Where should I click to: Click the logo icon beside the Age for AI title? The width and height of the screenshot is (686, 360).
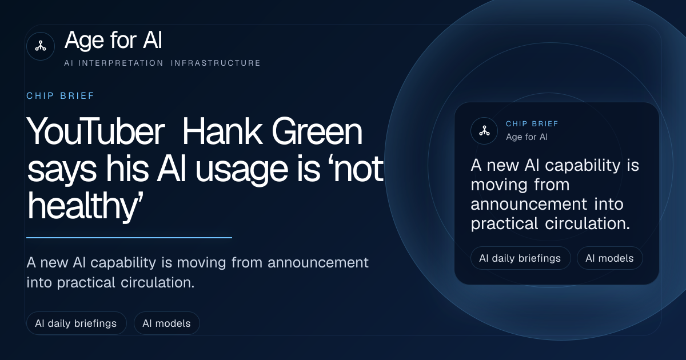pyautogui.click(x=41, y=46)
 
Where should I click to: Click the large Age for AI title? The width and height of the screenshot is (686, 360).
pyautogui.click(x=113, y=40)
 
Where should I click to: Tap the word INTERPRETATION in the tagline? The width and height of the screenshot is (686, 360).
pyautogui.click(x=121, y=63)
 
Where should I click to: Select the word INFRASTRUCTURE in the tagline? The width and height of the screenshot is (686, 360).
pyautogui.click(x=216, y=63)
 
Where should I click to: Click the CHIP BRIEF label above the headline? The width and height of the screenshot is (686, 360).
pyautogui.click(x=61, y=96)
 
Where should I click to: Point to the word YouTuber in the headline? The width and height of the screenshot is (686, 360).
pyautogui.click(x=95, y=131)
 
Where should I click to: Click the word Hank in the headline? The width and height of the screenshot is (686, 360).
pyautogui.click(x=222, y=131)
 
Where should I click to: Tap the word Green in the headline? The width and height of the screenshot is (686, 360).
pyautogui.click(x=317, y=131)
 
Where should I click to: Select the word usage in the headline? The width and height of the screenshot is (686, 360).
pyautogui.click(x=242, y=170)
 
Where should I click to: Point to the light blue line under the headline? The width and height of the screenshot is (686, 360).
pyautogui.click(x=129, y=237)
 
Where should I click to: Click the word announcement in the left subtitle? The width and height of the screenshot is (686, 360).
pyautogui.click(x=318, y=263)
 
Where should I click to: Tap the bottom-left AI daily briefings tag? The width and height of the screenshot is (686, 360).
pyautogui.click(x=76, y=323)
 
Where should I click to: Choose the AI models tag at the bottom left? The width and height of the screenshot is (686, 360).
pyautogui.click(x=166, y=323)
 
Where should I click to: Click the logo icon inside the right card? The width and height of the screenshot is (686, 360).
pyautogui.click(x=484, y=131)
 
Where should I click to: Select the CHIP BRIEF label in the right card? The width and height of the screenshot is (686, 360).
pyautogui.click(x=532, y=123)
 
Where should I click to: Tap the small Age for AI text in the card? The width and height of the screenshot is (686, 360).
pyautogui.click(x=527, y=137)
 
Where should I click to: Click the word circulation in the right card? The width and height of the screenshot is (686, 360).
pyautogui.click(x=588, y=223)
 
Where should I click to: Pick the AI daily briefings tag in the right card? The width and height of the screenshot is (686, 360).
pyautogui.click(x=520, y=258)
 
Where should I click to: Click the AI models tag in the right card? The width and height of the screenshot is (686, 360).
pyautogui.click(x=609, y=258)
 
